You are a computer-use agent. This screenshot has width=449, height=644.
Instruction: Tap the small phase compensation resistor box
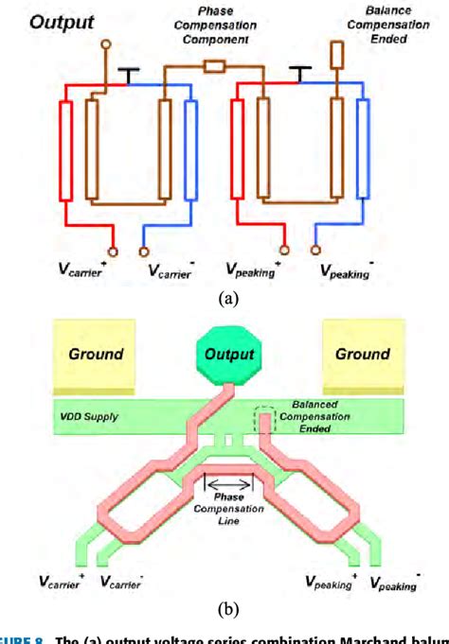click(214, 66)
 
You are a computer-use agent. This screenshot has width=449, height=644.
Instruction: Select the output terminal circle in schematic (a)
click(105, 44)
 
